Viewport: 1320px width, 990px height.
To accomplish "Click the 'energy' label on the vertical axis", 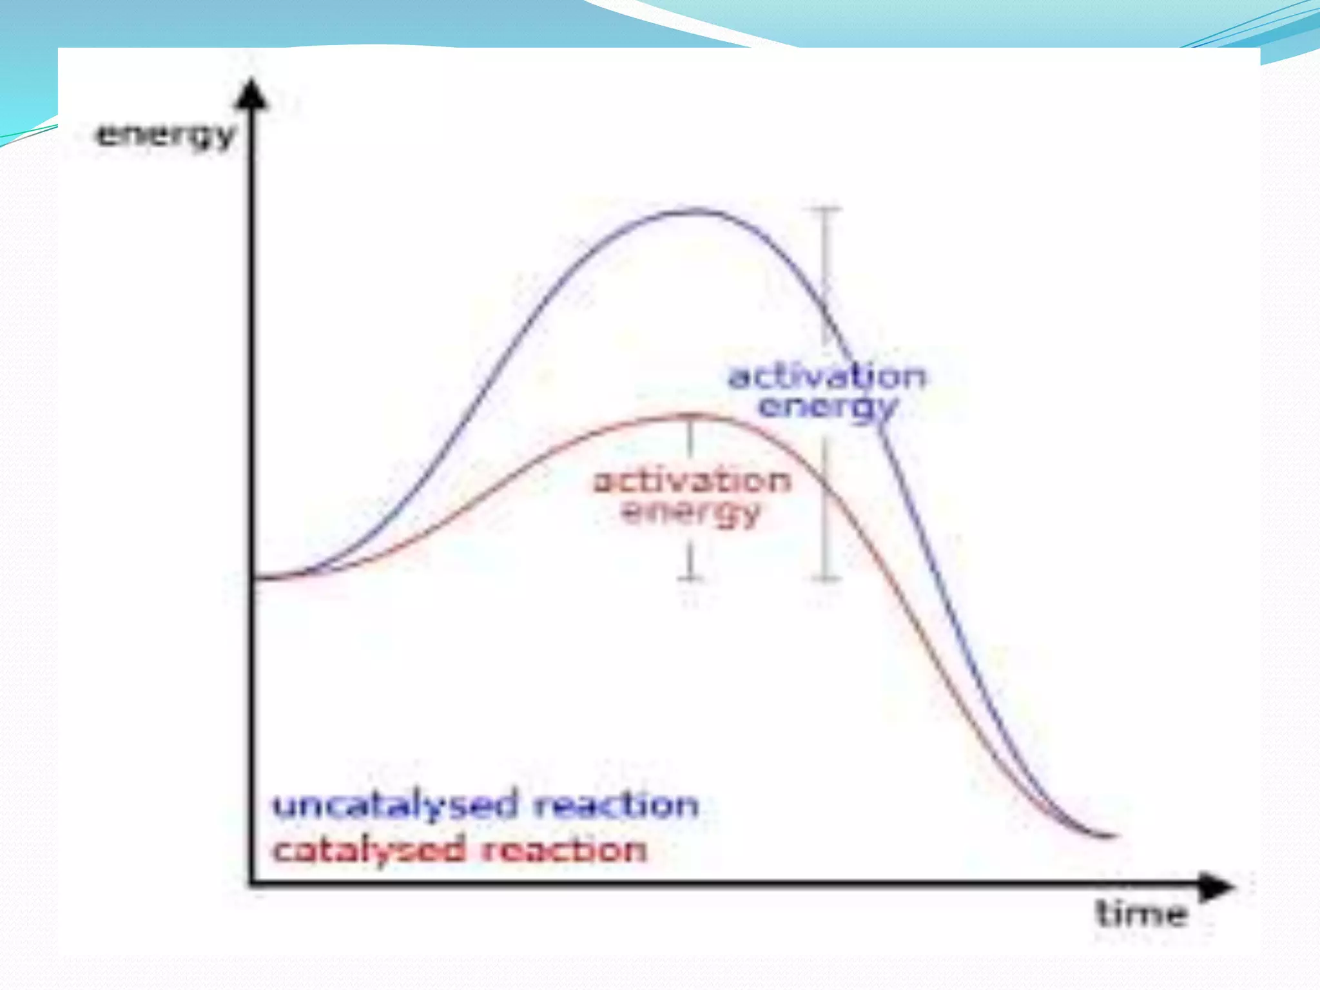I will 165,135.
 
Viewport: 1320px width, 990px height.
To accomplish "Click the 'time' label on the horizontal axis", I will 1141,914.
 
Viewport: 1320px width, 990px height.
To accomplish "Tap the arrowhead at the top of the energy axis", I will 253,93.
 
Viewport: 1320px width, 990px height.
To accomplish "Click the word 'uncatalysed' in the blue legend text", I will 395,806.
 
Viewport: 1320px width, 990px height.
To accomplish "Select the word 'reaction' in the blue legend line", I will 616,805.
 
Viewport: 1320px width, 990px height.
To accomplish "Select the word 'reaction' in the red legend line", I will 565,850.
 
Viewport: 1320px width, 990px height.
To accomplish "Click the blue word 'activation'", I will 827,376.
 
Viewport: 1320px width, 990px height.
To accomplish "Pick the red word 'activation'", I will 692,481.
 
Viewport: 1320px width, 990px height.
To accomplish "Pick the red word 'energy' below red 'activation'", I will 692,513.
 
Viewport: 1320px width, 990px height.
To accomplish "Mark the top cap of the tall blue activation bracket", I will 825,209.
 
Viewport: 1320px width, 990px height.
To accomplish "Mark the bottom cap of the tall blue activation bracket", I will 825,577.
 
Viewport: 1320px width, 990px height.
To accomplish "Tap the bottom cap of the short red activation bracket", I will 691,577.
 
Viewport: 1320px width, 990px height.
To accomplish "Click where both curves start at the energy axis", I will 255,578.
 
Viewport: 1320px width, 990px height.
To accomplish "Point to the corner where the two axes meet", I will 252,883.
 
